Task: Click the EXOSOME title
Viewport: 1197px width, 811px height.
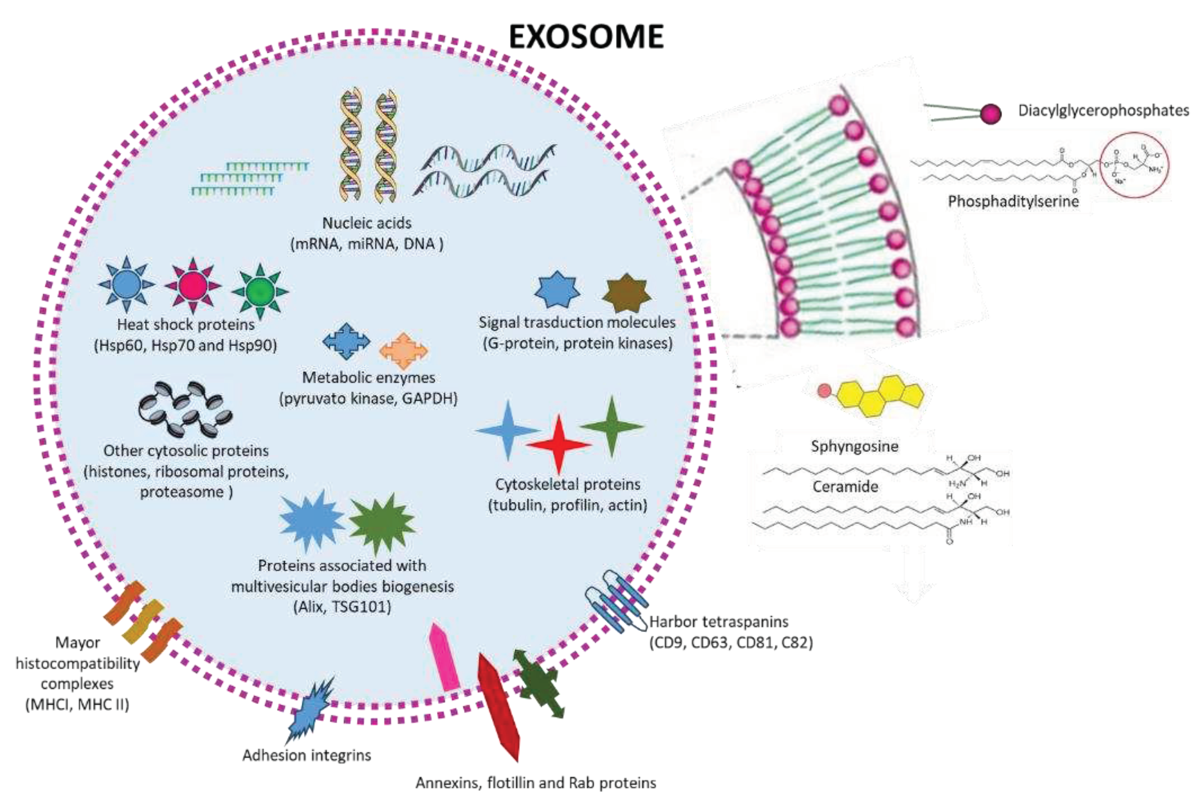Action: click(586, 37)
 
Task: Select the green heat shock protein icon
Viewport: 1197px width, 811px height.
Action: click(260, 291)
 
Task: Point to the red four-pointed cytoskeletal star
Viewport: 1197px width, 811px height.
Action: click(559, 444)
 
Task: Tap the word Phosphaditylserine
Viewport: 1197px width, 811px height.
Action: click(1013, 201)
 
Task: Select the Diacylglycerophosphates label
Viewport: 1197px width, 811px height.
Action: click(1103, 111)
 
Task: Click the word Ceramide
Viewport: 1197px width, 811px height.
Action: click(845, 487)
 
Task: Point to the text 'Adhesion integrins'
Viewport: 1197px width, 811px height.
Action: click(306, 755)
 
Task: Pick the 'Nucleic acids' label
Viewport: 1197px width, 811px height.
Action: click(367, 223)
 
